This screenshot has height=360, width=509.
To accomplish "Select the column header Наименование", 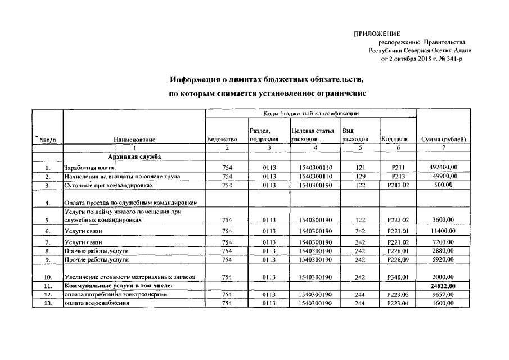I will [x=134, y=139].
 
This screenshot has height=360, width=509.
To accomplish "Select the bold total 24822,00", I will [x=443, y=286].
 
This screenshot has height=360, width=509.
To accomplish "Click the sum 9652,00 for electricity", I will [x=443, y=295].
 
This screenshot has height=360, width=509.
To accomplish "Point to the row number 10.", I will [x=48, y=277].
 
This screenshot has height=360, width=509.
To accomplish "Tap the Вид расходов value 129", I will [x=361, y=176].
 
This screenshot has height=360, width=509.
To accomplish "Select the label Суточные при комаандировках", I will [x=109, y=184].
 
